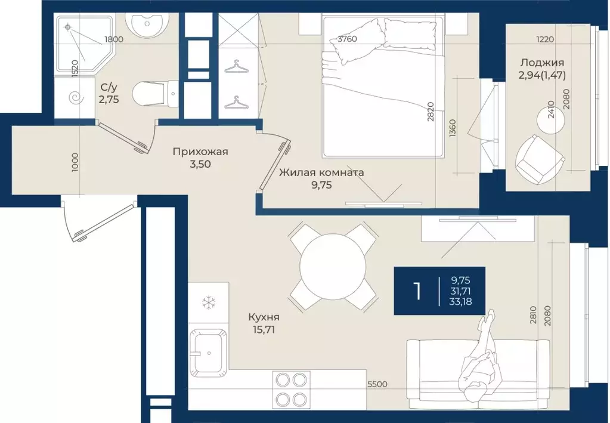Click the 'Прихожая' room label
coord(200,152)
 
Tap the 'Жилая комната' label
coord(321,172)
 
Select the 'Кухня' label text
coord(264,317)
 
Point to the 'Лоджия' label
coord(542,63)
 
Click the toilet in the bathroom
coord(154,94)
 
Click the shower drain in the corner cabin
coord(68,27)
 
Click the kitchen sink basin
coord(208,353)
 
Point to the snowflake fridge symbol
coord(209,302)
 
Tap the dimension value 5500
coord(377,384)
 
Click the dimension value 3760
coord(348,39)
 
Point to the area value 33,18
coord(460,301)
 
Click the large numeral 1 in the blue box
coord(417,291)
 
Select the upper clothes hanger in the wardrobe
coord(236,67)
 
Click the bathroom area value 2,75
coord(109,100)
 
